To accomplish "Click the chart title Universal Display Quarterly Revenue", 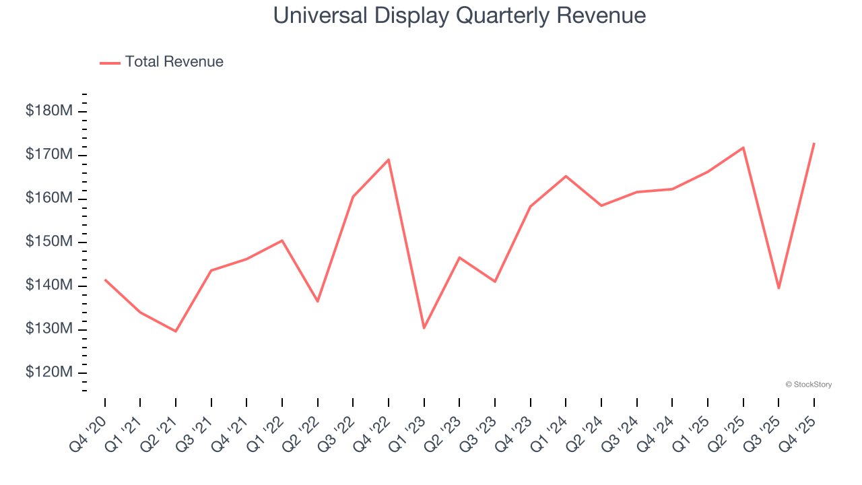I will pyautogui.click(x=459, y=15).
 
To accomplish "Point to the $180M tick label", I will pyautogui.click(x=49, y=111).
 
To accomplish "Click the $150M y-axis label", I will pyautogui.click(x=49, y=243).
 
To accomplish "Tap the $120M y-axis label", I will pyautogui.click(x=49, y=373).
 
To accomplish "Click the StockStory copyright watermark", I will pyautogui.click(x=809, y=385).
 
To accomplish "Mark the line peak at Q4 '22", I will pyautogui.click(x=389, y=160).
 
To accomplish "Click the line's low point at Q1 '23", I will pyautogui.click(x=424, y=328).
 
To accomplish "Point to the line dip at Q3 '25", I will pyautogui.click(x=778, y=288).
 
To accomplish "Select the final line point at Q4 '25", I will pyautogui.click(x=814, y=143).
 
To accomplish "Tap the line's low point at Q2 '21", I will pyautogui.click(x=176, y=331).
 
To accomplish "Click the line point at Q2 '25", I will pyautogui.click(x=743, y=148).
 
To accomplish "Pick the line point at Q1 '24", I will pyautogui.click(x=566, y=176).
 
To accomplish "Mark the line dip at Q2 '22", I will pyautogui.click(x=318, y=301).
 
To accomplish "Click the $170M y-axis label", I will pyautogui.click(x=49, y=155).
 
